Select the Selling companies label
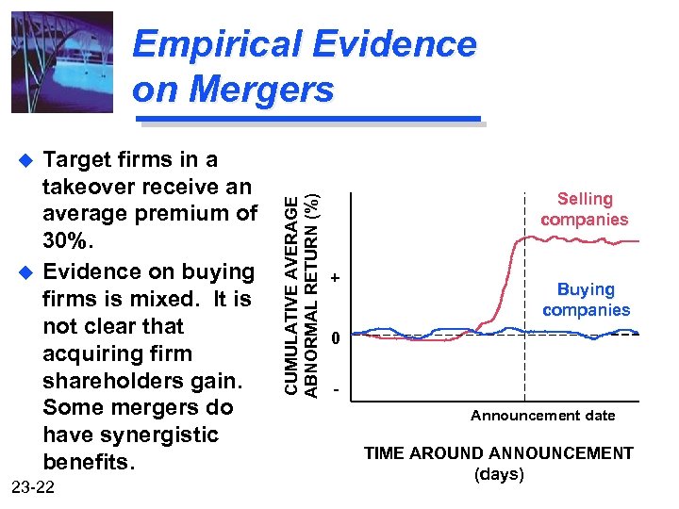(585, 209)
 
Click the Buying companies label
(586, 300)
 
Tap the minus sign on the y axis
(335, 388)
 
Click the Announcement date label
(542, 416)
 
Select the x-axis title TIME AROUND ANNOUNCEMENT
(499, 453)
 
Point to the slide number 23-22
(36, 487)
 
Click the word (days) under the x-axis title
(499, 474)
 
